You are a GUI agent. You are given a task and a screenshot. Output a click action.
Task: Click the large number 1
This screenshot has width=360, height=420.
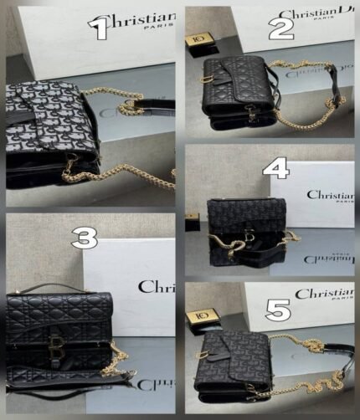(x=101, y=28)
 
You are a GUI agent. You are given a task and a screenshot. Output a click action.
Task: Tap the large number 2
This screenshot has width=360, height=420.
(x=282, y=28)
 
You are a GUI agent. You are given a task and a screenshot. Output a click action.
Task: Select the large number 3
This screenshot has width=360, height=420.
(x=83, y=238)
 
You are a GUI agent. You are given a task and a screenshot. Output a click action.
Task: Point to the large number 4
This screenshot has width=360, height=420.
(x=275, y=170)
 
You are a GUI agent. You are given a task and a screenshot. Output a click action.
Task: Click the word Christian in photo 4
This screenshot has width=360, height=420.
(x=329, y=195)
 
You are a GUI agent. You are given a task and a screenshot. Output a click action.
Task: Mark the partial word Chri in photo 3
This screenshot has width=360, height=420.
(x=157, y=287)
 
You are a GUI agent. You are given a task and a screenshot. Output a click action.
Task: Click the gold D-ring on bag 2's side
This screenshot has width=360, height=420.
(x=206, y=80)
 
